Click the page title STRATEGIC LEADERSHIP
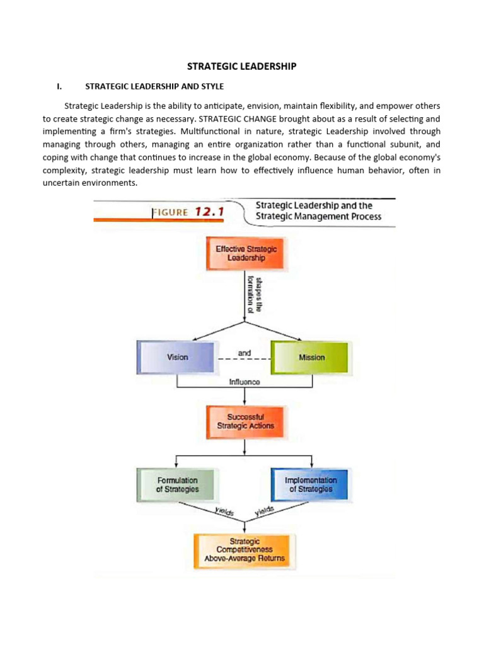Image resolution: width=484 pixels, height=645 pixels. pyautogui.click(x=242, y=66)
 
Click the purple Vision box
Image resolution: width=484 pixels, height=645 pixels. pyautogui.click(x=177, y=357)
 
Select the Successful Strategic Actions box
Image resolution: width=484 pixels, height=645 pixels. pyautogui.click(x=245, y=421)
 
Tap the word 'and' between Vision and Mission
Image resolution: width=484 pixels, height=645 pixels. pyautogui.click(x=245, y=353)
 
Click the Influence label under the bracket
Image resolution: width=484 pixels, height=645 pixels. pyautogui.click(x=245, y=382)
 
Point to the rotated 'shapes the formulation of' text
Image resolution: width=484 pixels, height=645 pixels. pyautogui.click(x=254, y=294)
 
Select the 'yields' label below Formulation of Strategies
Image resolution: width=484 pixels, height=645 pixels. pyautogui.click(x=224, y=513)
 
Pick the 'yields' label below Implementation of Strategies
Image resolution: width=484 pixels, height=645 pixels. pyautogui.click(x=265, y=512)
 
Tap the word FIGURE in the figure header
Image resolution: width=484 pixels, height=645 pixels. pyautogui.click(x=170, y=212)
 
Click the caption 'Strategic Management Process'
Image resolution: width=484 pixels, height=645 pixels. pyautogui.click(x=318, y=217)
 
